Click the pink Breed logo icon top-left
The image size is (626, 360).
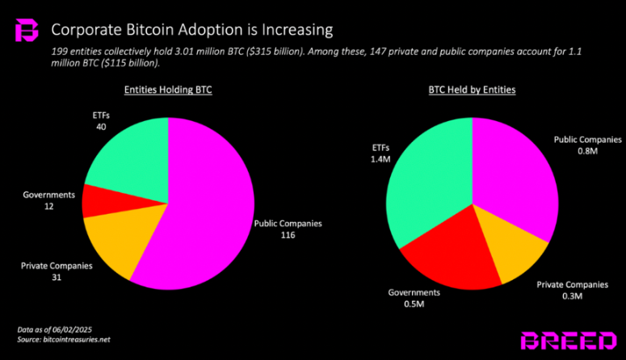coord(27,31)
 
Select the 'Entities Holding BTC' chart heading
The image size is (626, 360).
coord(166,90)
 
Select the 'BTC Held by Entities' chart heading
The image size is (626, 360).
coord(472,90)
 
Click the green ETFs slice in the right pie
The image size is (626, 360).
coord(424,186)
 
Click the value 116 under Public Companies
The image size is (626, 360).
coord(288,237)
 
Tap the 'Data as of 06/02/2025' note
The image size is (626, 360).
coord(55,329)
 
